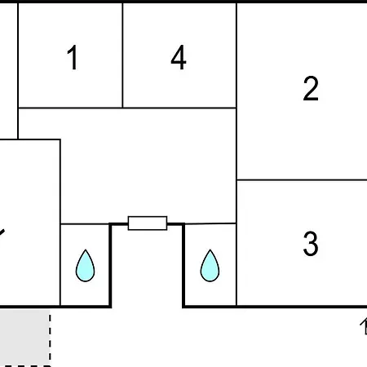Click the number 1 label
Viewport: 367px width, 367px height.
pos(73,57)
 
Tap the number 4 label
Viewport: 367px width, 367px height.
pos(179,57)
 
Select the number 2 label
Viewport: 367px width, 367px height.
pos(311,88)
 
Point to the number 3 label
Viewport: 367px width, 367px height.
pos(311,243)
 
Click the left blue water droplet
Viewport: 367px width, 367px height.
pos(85,266)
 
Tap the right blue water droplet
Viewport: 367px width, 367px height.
pos(210,266)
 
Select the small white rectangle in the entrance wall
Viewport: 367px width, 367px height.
pos(148,223)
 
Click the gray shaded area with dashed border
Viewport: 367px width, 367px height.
pos(25,338)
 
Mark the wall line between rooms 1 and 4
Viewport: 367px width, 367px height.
pos(122,55)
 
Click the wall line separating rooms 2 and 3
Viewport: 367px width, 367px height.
pos(302,179)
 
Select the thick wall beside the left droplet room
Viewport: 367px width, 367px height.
pos(110,265)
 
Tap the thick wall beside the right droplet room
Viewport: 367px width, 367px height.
pos(183,265)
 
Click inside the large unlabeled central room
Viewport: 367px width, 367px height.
pos(148,166)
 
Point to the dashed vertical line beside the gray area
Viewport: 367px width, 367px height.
pos(50,338)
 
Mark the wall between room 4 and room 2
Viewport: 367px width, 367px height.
pos(237,55)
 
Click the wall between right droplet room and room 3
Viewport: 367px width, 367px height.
pos(237,265)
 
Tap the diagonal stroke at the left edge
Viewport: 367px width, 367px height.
pos(2,234)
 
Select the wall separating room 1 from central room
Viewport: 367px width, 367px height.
pos(70,108)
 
